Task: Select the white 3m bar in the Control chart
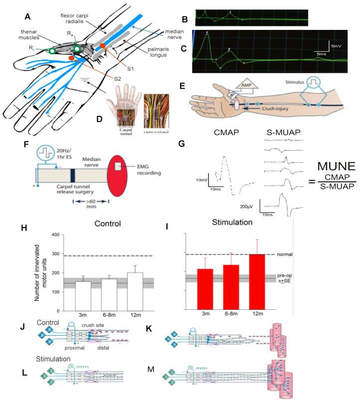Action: [x=83, y=295]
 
